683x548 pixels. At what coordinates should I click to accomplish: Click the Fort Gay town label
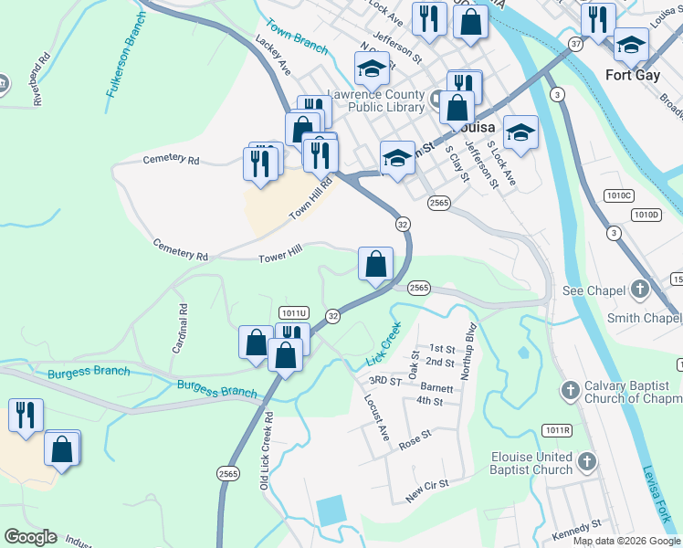pyautogui.click(x=638, y=75)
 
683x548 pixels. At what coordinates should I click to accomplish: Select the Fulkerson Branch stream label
pyautogui.click(x=126, y=54)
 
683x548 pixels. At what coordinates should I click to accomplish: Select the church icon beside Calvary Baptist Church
pyautogui.click(x=571, y=391)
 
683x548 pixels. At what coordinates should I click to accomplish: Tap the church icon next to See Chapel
pyautogui.click(x=640, y=290)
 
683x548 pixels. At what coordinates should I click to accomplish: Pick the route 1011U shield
pyautogui.click(x=295, y=313)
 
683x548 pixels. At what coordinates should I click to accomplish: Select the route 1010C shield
pyautogui.click(x=618, y=195)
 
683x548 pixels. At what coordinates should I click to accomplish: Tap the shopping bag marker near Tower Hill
pyautogui.click(x=375, y=265)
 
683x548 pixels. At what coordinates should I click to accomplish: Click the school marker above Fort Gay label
pyautogui.click(x=631, y=43)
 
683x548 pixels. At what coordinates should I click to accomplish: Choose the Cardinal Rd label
pyautogui.click(x=180, y=329)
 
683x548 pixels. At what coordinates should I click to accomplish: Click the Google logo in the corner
pyautogui.click(x=30, y=537)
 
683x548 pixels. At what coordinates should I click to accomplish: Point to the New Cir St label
pyautogui.click(x=426, y=493)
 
